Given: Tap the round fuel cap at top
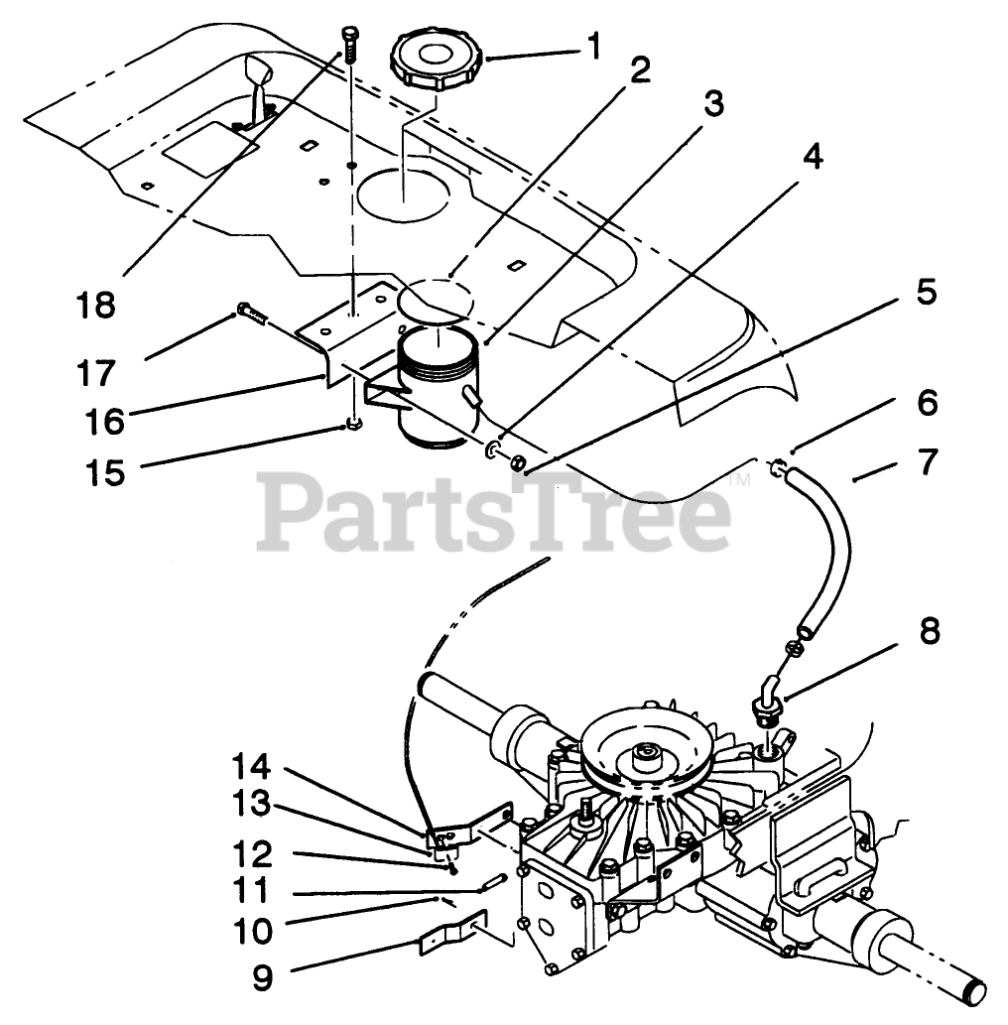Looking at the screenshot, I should pos(438,59).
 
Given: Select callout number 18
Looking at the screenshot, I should pos(97,305).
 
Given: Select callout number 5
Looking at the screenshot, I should pos(926,295).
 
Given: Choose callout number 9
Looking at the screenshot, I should pos(261,977).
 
